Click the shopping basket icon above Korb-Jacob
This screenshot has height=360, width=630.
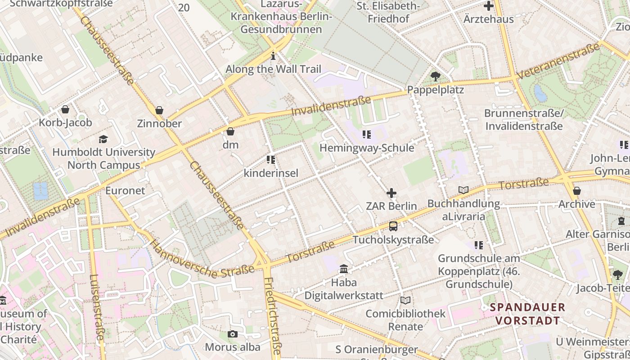point(65,109)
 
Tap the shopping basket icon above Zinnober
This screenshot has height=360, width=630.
point(159,110)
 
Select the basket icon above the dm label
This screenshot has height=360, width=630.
point(230,131)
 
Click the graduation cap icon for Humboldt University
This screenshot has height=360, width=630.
point(103,139)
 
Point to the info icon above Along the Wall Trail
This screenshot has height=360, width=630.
point(273,56)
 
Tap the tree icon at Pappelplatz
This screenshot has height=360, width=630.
point(435,76)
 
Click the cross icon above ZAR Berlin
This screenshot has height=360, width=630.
point(391,193)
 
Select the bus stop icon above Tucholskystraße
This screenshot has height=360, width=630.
point(393,226)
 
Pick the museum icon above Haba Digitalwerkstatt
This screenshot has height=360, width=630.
point(344,269)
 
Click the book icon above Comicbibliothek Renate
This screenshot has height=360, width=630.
point(405,300)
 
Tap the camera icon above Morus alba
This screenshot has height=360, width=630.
point(233,334)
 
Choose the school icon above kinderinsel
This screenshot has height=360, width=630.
point(271,160)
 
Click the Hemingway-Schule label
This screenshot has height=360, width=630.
point(367,148)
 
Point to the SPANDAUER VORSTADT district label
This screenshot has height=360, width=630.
point(527,314)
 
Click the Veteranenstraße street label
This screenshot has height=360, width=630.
point(558,62)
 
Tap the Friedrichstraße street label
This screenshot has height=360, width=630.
point(273,318)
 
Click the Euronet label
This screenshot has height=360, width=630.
point(125,190)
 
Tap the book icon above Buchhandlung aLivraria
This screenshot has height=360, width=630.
point(463,190)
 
